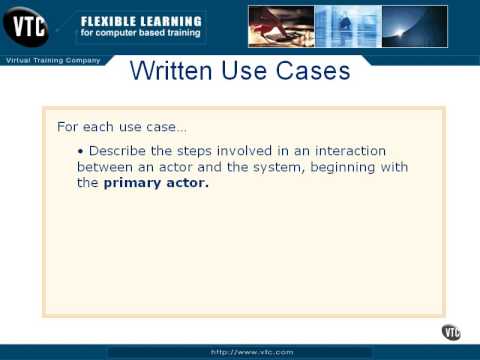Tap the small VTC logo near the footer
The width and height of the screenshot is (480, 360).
point(451,332)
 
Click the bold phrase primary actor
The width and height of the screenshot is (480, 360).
point(156,183)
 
